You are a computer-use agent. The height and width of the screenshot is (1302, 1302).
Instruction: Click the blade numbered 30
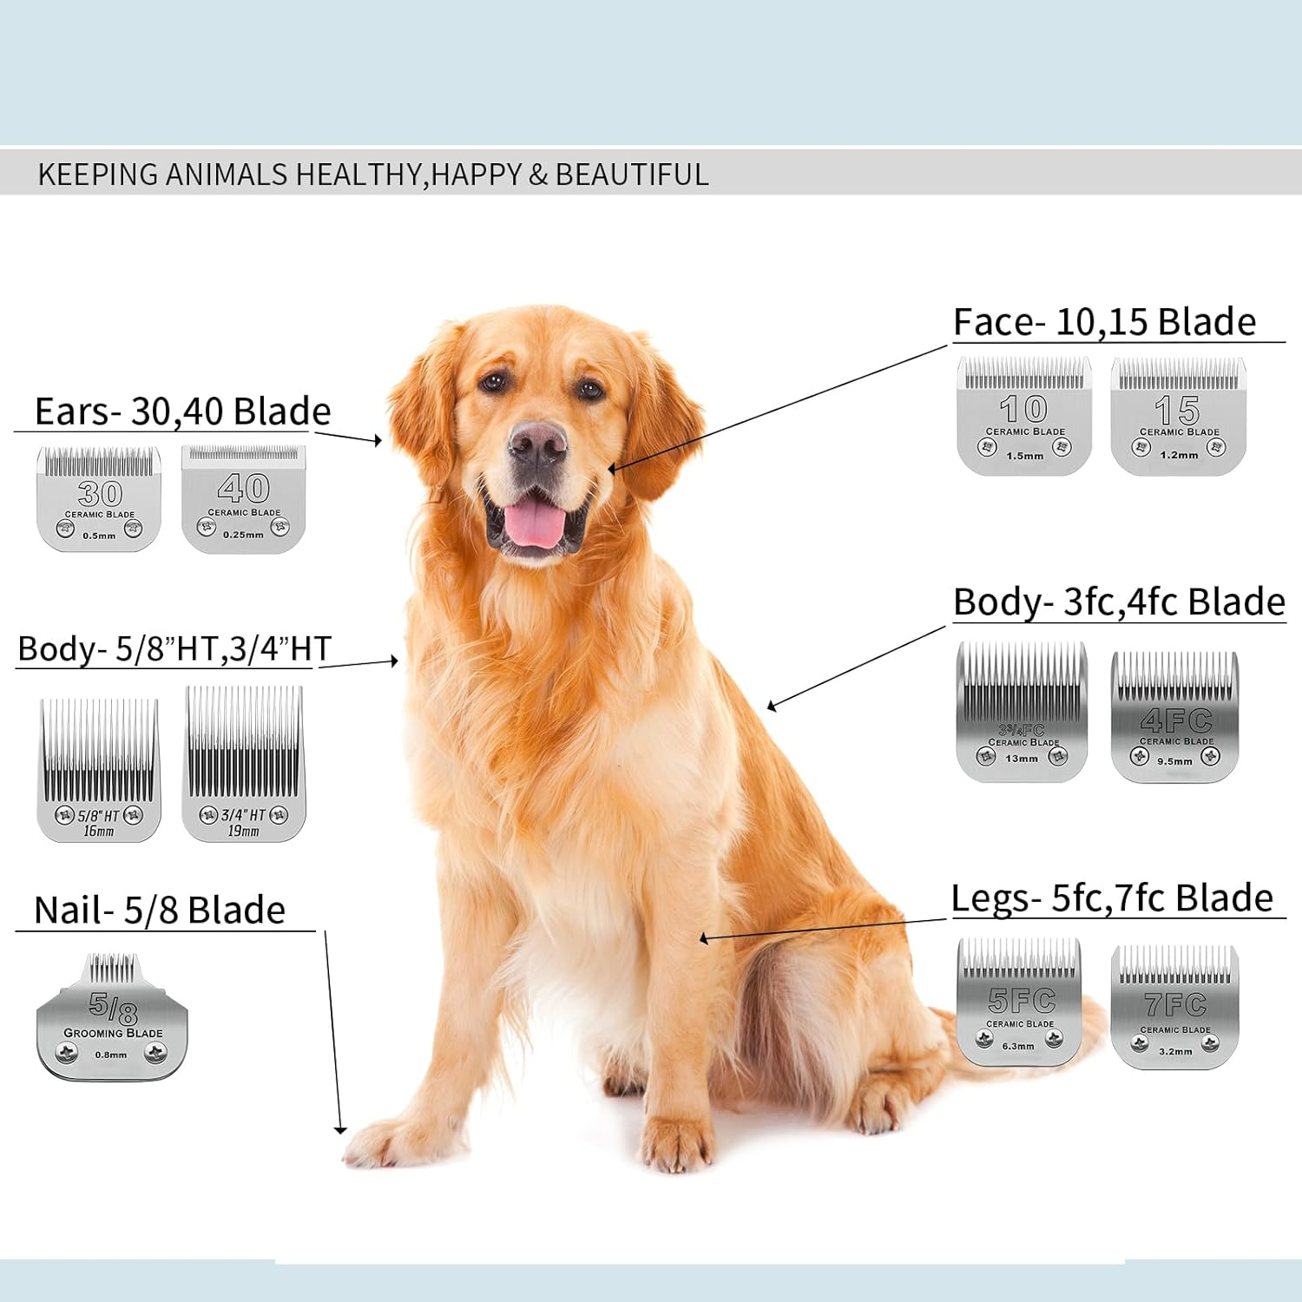coord(99,499)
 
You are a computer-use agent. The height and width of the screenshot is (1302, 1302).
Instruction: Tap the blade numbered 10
coord(1024,416)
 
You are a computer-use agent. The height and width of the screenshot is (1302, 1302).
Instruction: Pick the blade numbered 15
coord(1178,417)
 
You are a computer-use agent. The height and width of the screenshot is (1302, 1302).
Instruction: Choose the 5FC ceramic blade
coord(1020,1003)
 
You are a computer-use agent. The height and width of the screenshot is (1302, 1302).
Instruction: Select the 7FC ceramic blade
coord(1175,1007)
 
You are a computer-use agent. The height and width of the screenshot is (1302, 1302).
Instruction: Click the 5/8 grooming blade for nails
coord(112,1020)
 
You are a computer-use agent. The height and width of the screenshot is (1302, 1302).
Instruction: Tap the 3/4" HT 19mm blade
coord(244,764)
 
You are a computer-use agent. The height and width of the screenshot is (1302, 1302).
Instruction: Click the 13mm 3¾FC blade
coord(1022,712)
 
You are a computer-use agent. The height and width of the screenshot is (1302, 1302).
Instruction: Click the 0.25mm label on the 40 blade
coord(243,535)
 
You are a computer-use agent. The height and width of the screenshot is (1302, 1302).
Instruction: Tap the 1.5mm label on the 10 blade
coord(1025,456)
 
